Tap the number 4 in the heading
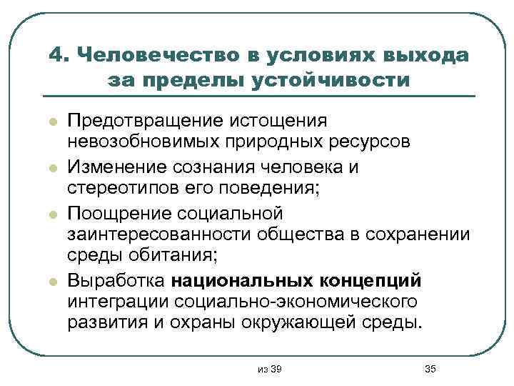click(59, 55)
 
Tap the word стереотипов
click(119, 190)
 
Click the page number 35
click(430, 368)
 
